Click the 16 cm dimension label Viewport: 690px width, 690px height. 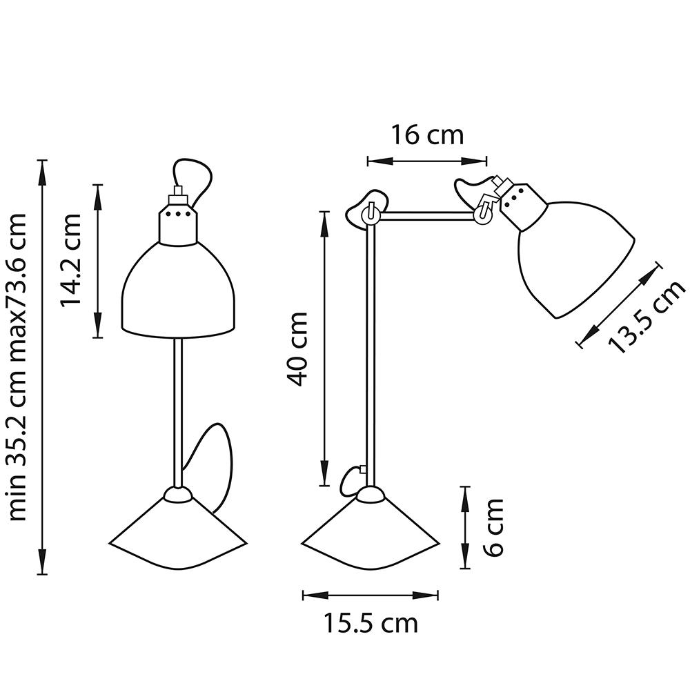[x=428, y=135]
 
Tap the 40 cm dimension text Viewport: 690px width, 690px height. [x=298, y=348]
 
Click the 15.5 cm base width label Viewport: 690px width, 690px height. [x=371, y=624]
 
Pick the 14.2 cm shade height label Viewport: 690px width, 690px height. [x=70, y=260]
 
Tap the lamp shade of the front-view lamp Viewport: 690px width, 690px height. [x=180, y=290]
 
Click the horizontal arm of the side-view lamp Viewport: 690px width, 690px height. [x=428, y=217]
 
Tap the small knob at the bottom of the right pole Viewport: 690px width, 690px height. [x=354, y=478]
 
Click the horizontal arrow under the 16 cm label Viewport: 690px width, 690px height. [x=427, y=161]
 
